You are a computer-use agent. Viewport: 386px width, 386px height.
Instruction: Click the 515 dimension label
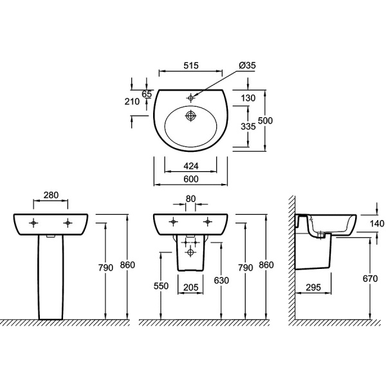tap(191, 66)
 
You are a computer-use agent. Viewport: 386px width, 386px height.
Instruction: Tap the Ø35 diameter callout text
tap(248, 65)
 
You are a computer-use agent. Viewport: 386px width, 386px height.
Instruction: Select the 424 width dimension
tap(191, 166)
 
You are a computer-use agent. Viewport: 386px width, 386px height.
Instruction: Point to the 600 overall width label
tap(191, 179)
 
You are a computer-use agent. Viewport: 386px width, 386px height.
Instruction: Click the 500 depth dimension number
tap(265, 121)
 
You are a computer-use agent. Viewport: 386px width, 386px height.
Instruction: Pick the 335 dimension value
tap(248, 127)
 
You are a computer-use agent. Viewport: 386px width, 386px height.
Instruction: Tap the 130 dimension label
tap(248, 98)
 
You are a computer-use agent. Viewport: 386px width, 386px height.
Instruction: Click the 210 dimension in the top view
tap(132, 102)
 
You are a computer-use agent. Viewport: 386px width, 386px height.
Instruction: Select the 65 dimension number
tap(147, 94)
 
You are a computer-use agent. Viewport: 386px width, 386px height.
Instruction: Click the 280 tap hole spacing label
tap(51, 195)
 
